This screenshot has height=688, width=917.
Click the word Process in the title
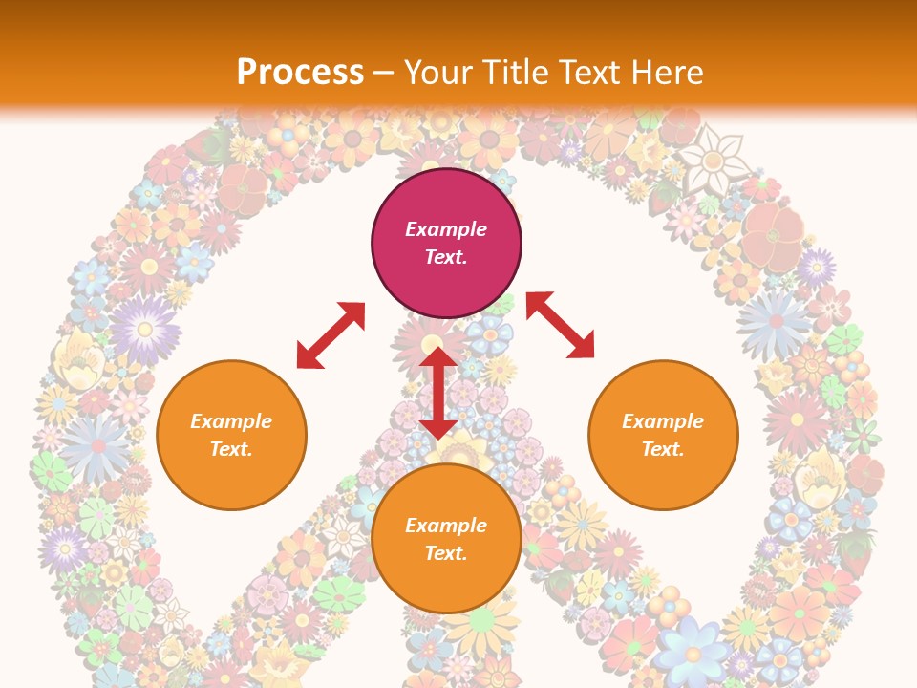[300, 72]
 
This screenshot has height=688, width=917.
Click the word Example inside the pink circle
[446, 229]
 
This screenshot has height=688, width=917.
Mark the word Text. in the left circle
[231, 449]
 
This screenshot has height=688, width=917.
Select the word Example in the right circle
[663, 421]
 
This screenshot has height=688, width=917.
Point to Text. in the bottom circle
[446, 553]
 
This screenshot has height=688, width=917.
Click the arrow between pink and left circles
[331, 335]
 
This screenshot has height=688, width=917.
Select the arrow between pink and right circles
[560, 325]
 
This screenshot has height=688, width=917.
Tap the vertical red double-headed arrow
[438, 392]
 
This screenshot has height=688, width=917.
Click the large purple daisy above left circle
[144, 329]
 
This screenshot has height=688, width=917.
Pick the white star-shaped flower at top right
[714, 159]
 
